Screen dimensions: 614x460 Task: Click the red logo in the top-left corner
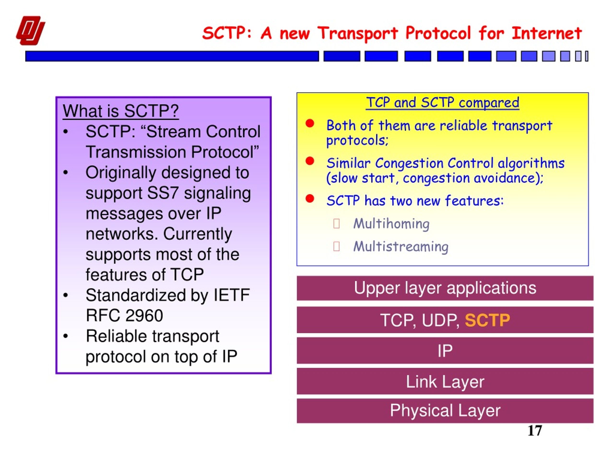tap(30, 30)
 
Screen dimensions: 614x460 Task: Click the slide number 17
tap(535, 431)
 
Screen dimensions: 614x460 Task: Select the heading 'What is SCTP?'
tap(121, 111)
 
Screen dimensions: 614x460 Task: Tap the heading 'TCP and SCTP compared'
tap(443, 102)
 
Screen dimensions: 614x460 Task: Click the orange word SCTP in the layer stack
tap(487, 320)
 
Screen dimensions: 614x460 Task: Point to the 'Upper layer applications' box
tap(445, 288)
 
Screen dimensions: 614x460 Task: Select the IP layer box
tap(445, 351)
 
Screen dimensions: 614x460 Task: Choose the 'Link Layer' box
tap(445, 381)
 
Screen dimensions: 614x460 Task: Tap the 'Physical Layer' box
tap(445, 411)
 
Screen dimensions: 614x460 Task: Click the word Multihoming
tap(391, 224)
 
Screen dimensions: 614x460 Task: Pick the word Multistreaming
tap(401, 246)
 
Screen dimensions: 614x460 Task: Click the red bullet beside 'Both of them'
tap(310, 123)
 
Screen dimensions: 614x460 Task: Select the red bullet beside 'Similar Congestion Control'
tap(310, 161)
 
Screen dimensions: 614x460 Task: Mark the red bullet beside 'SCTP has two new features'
tap(310, 199)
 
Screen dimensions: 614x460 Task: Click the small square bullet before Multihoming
tap(337, 224)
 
